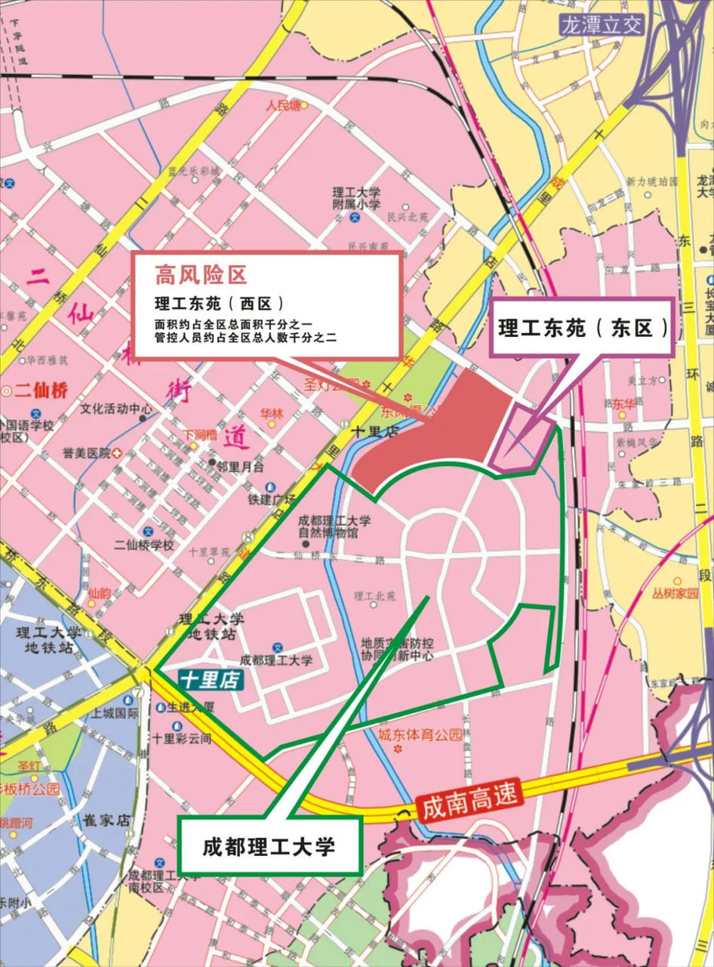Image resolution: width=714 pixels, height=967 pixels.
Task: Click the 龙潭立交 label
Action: [602, 25]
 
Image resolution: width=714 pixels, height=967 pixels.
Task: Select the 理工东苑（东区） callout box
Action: [583, 328]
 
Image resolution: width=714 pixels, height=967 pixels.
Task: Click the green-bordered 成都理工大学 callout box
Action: [269, 846]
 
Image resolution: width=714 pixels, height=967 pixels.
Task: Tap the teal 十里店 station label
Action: [211, 680]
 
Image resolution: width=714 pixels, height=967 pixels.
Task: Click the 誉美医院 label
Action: [87, 453]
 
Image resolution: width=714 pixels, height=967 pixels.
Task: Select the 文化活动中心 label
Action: [117, 409]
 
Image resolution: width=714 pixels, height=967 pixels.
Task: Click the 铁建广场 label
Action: [271, 499]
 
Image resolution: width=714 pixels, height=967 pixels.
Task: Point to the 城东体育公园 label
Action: [420, 734]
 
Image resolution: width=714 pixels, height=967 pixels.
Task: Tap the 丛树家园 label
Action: [676, 594]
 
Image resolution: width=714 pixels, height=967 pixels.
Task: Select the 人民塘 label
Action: [283, 106]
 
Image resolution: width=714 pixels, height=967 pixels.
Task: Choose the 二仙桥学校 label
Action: [143, 545]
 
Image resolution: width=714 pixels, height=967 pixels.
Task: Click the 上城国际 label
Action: [115, 712]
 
